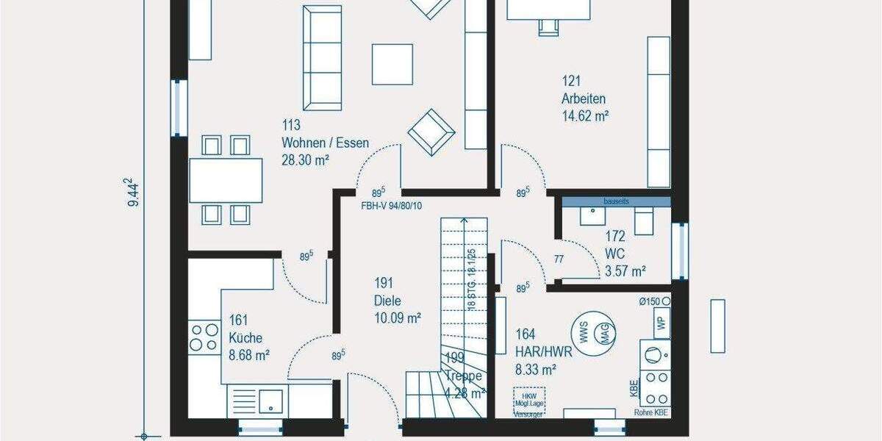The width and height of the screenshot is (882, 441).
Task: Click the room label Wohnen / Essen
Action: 325,143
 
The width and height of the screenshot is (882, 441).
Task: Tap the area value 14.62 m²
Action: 586,115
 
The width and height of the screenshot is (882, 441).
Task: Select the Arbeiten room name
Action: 584,98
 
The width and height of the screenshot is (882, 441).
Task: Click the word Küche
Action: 245,338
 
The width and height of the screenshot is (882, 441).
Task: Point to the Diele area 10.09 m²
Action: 398,318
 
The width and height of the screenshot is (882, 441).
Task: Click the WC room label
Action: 614,254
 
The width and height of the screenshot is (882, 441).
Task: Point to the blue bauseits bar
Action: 616,201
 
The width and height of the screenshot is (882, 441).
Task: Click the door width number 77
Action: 559,259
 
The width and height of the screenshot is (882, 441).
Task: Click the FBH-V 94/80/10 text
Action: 391,206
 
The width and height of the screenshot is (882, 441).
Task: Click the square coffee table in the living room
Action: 392,64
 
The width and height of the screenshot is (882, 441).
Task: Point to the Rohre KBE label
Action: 651,412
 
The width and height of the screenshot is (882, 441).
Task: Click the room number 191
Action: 384,282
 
